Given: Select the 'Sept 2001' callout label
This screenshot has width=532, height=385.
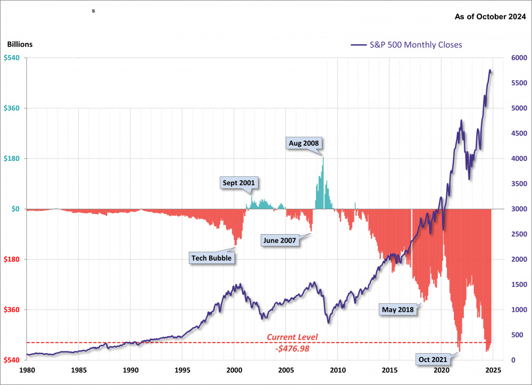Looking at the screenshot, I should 239,183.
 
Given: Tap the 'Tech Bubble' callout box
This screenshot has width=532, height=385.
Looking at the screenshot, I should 213,258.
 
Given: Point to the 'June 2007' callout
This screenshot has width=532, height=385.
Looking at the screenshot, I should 279,240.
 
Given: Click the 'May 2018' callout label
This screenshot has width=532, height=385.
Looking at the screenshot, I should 398,309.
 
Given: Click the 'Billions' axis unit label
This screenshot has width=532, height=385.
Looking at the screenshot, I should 20,45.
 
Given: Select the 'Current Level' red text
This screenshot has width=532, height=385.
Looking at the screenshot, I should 292,337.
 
